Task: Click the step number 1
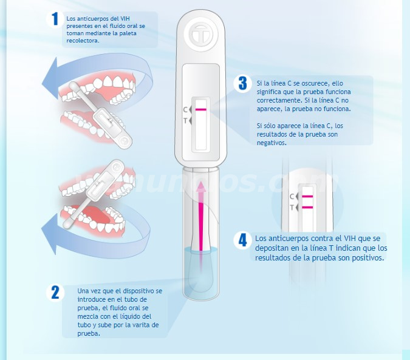[55, 19]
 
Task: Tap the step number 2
[55, 292]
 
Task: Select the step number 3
[243, 83]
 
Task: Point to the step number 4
[243, 240]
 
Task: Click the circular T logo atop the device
[201, 35]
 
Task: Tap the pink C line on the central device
[201, 110]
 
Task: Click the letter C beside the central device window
[185, 110]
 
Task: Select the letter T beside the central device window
[185, 121]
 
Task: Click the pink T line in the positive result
[307, 208]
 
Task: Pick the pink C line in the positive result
[307, 196]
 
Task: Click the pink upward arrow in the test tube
[201, 216]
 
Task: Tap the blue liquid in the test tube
[201, 272]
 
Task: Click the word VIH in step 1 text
[125, 19]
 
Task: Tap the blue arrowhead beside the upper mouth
[50, 78]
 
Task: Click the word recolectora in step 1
[83, 41]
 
